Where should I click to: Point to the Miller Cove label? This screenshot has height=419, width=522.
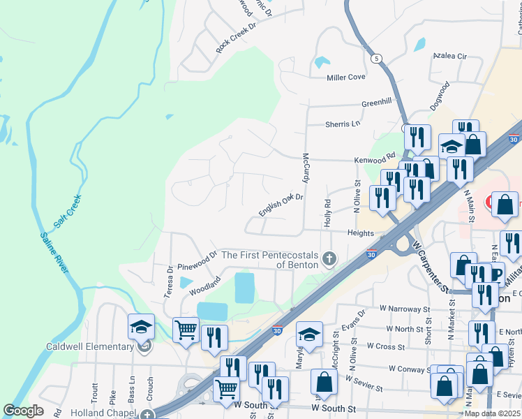coord(346,77)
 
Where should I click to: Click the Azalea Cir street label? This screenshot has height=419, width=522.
coord(449,54)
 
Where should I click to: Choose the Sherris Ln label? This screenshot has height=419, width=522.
coord(343,124)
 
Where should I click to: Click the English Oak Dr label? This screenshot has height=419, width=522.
coord(281,205)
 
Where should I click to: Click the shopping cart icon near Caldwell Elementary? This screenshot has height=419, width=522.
coord(186,330)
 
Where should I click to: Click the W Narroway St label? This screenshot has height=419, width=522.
coord(405,309)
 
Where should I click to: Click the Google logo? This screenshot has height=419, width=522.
coord(23,411)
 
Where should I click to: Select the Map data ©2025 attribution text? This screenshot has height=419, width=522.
coord(491,413)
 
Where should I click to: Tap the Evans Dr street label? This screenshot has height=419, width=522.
coord(354,323)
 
